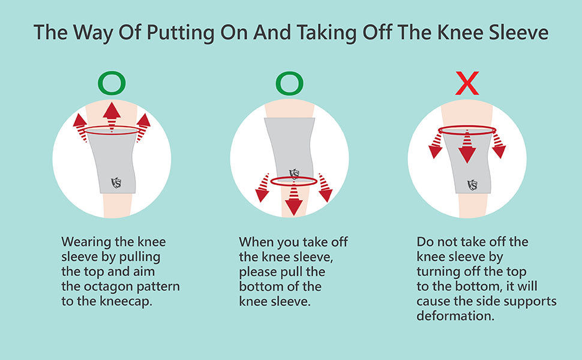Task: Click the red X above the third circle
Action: pyautogui.click(x=467, y=83)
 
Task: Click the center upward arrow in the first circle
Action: pyautogui.click(x=112, y=116)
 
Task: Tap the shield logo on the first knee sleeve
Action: pyautogui.click(x=116, y=182)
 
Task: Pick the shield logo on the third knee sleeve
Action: pyautogui.click(x=472, y=185)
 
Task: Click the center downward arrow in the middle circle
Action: pyautogui.click(x=294, y=200)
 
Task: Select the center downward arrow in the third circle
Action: pyautogui.click(x=467, y=147)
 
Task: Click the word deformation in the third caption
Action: pyautogui.click(x=455, y=316)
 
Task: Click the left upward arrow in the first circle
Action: pyautogui.click(x=80, y=128)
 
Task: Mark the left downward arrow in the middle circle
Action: pyautogui.click(x=262, y=187)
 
